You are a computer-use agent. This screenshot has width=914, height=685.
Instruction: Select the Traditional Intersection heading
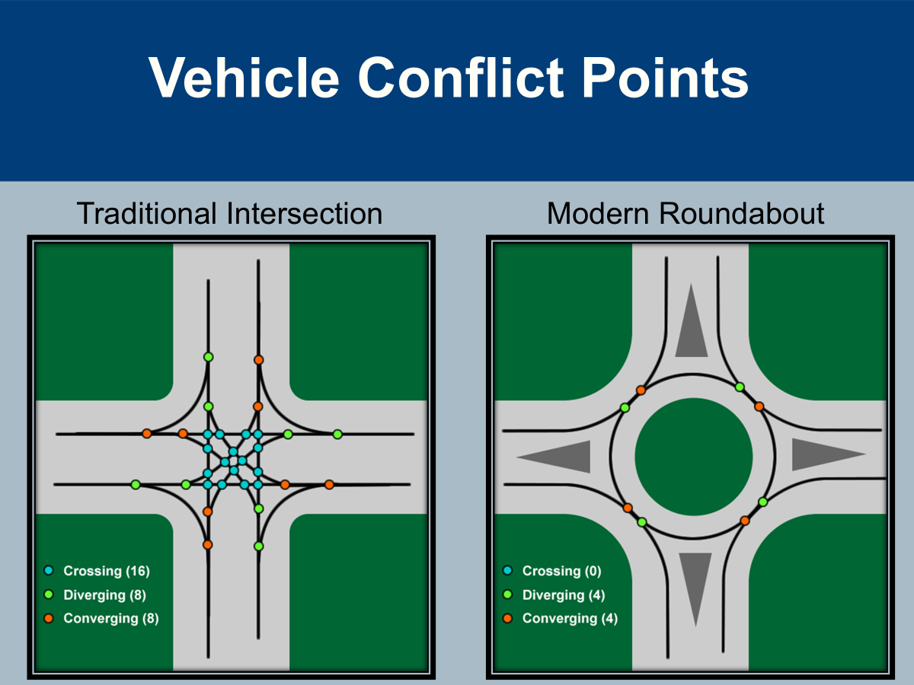tap(229, 214)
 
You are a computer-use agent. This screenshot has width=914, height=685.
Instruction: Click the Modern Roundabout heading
tap(685, 214)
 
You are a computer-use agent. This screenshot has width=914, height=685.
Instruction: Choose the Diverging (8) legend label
tap(105, 594)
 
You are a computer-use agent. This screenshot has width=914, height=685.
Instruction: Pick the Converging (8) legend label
tap(111, 618)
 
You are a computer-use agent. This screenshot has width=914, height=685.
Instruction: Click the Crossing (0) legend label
tap(562, 571)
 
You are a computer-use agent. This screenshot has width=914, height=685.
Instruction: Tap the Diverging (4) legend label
tap(564, 594)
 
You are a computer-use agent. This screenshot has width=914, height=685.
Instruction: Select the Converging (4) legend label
tap(570, 618)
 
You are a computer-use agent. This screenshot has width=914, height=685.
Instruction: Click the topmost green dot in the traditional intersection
tap(208, 357)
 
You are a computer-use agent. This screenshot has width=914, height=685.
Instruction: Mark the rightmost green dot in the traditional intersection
tap(337, 434)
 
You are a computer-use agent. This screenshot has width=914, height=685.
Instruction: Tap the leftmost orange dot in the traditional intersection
tap(147, 434)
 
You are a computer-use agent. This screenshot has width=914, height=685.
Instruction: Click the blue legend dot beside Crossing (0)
tap(508, 570)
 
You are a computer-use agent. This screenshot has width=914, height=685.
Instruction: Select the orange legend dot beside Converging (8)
tap(49, 618)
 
